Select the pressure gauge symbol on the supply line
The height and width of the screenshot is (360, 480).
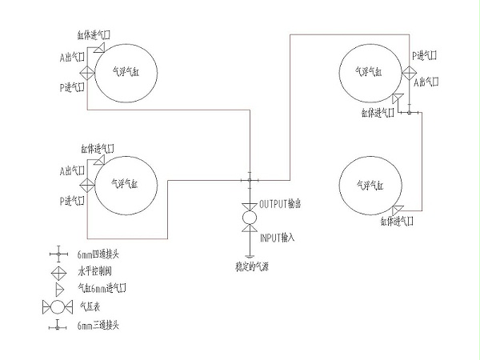[250, 218]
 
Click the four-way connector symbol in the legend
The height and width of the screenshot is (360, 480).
[58, 254]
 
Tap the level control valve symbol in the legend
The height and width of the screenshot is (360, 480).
[58, 271]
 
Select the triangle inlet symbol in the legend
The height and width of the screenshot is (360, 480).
[58, 288]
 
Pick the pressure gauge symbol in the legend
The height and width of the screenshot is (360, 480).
[58, 306]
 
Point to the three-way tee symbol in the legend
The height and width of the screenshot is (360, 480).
[58, 325]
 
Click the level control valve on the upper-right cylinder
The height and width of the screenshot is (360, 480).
[410, 74]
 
